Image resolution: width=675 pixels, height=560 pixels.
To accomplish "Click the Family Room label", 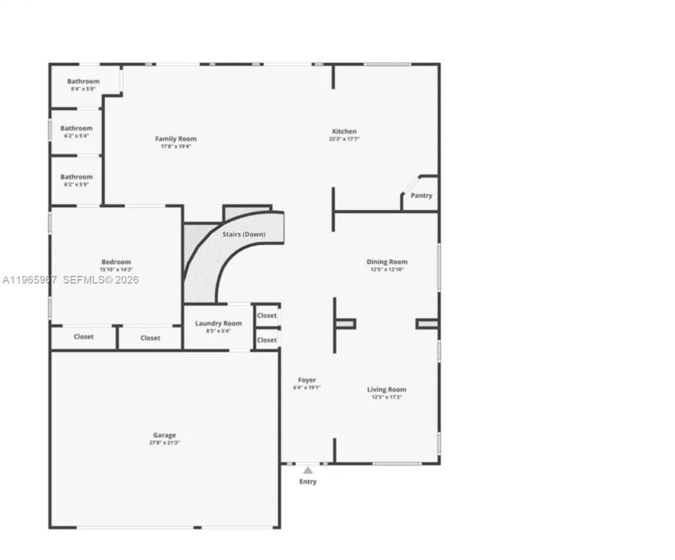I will [x=176, y=139].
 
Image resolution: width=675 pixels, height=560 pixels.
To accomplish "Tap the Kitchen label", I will [x=344, y=131].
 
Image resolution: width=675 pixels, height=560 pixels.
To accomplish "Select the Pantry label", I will [x=421, y=195].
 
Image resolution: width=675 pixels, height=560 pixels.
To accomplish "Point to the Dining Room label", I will [x=387, y=262].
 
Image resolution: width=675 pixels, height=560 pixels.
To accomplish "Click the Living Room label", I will [x=387, y=390].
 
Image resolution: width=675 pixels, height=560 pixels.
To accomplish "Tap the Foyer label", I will [x=307, y=380].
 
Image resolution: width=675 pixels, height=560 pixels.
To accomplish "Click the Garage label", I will [x=164, y=435].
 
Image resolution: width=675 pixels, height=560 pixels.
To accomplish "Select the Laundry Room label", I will [x=218, y=323].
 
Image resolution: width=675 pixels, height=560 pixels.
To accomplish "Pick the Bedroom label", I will [x=116, y=262].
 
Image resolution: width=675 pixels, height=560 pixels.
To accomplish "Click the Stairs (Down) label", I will [x=244, y=234].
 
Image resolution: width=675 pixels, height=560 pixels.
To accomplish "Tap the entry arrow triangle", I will [x=308, y=470].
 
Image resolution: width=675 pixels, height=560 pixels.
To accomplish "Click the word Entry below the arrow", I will [x=308, y=481].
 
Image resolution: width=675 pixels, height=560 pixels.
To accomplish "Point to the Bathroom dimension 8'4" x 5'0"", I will [x=83, y=89].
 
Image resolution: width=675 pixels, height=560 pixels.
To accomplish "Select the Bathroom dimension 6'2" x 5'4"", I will [x=76, y=136].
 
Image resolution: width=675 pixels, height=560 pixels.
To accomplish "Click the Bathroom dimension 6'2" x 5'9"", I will [x=76, y=185].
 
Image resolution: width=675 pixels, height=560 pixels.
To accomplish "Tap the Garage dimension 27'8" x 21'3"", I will [x=164, y=443].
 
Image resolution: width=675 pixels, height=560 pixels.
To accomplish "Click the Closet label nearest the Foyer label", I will [x=266, y=340].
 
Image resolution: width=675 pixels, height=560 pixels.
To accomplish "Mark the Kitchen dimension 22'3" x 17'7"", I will [x=344, y=139].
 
